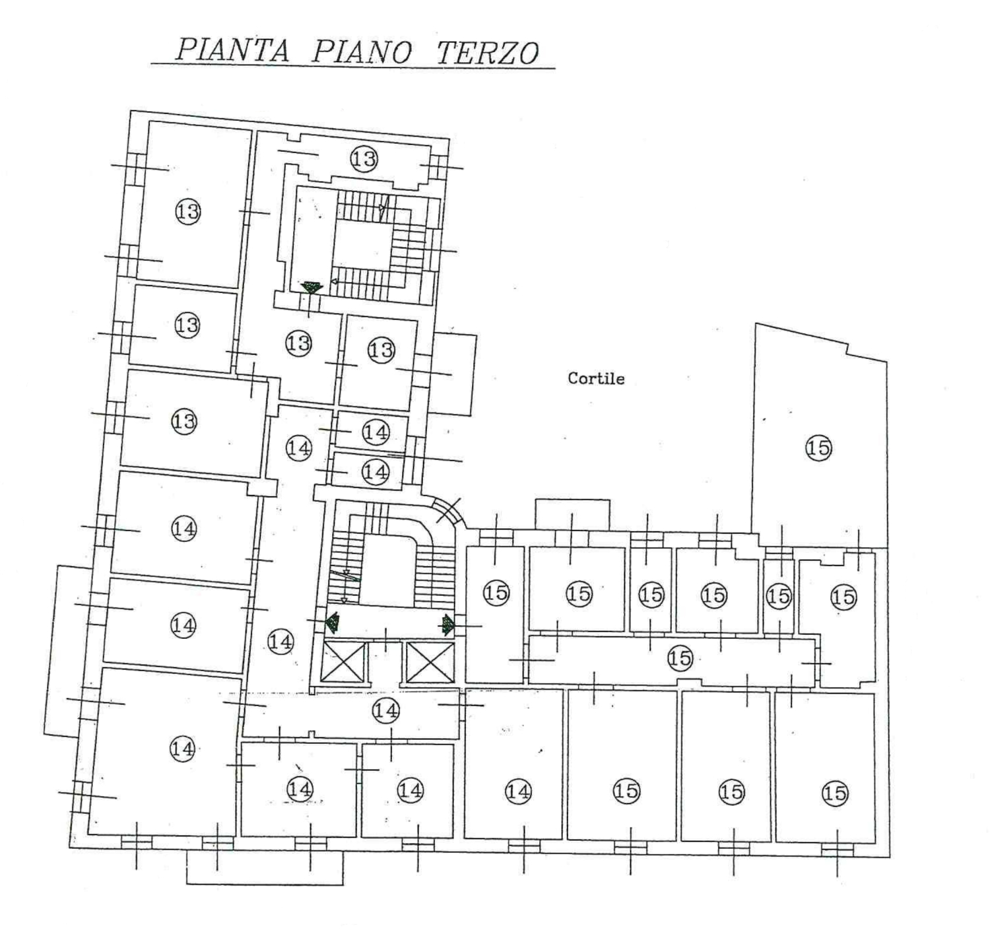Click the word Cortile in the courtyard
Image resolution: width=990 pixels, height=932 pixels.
pos(596,378)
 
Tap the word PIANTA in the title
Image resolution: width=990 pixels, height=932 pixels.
pos(233,50)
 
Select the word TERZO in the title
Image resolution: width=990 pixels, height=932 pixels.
pos(488,52)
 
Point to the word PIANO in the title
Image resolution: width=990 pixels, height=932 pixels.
pos(362,51)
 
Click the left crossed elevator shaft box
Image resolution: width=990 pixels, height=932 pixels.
pos(343,661)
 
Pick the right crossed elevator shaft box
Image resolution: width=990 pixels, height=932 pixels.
pos(430,662)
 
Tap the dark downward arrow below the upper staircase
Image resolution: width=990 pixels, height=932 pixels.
pos(312,287)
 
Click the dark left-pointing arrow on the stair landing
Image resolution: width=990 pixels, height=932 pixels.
pos(332,622)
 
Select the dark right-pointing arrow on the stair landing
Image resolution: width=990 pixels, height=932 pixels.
pos(447,624)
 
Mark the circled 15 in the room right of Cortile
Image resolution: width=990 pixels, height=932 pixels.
pos(818,448)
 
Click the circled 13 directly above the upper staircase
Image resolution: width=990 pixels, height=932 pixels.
pos(364,158)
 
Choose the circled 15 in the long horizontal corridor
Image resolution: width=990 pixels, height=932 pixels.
pos(680,658)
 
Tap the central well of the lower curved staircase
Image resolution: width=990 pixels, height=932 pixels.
pos(388,572)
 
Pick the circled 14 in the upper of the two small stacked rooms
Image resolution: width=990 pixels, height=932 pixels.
pos(376,432)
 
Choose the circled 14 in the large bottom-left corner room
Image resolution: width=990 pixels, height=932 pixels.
pos(182,749)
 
